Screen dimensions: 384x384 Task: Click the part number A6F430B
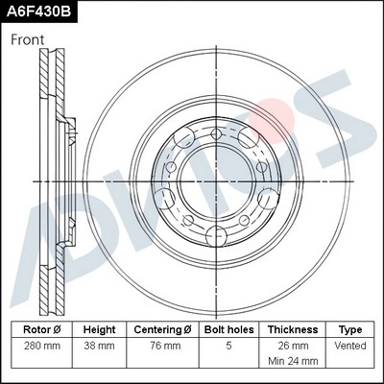coord(40,12)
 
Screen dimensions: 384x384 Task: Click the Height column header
coord(99,328)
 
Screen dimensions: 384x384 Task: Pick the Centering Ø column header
coord(163,328)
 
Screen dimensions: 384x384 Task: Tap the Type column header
coord(350,328)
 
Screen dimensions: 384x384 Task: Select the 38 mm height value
coord(99,345)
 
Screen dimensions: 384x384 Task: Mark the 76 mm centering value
coord(163,345)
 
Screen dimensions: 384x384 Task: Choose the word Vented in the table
coord(350,345)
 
